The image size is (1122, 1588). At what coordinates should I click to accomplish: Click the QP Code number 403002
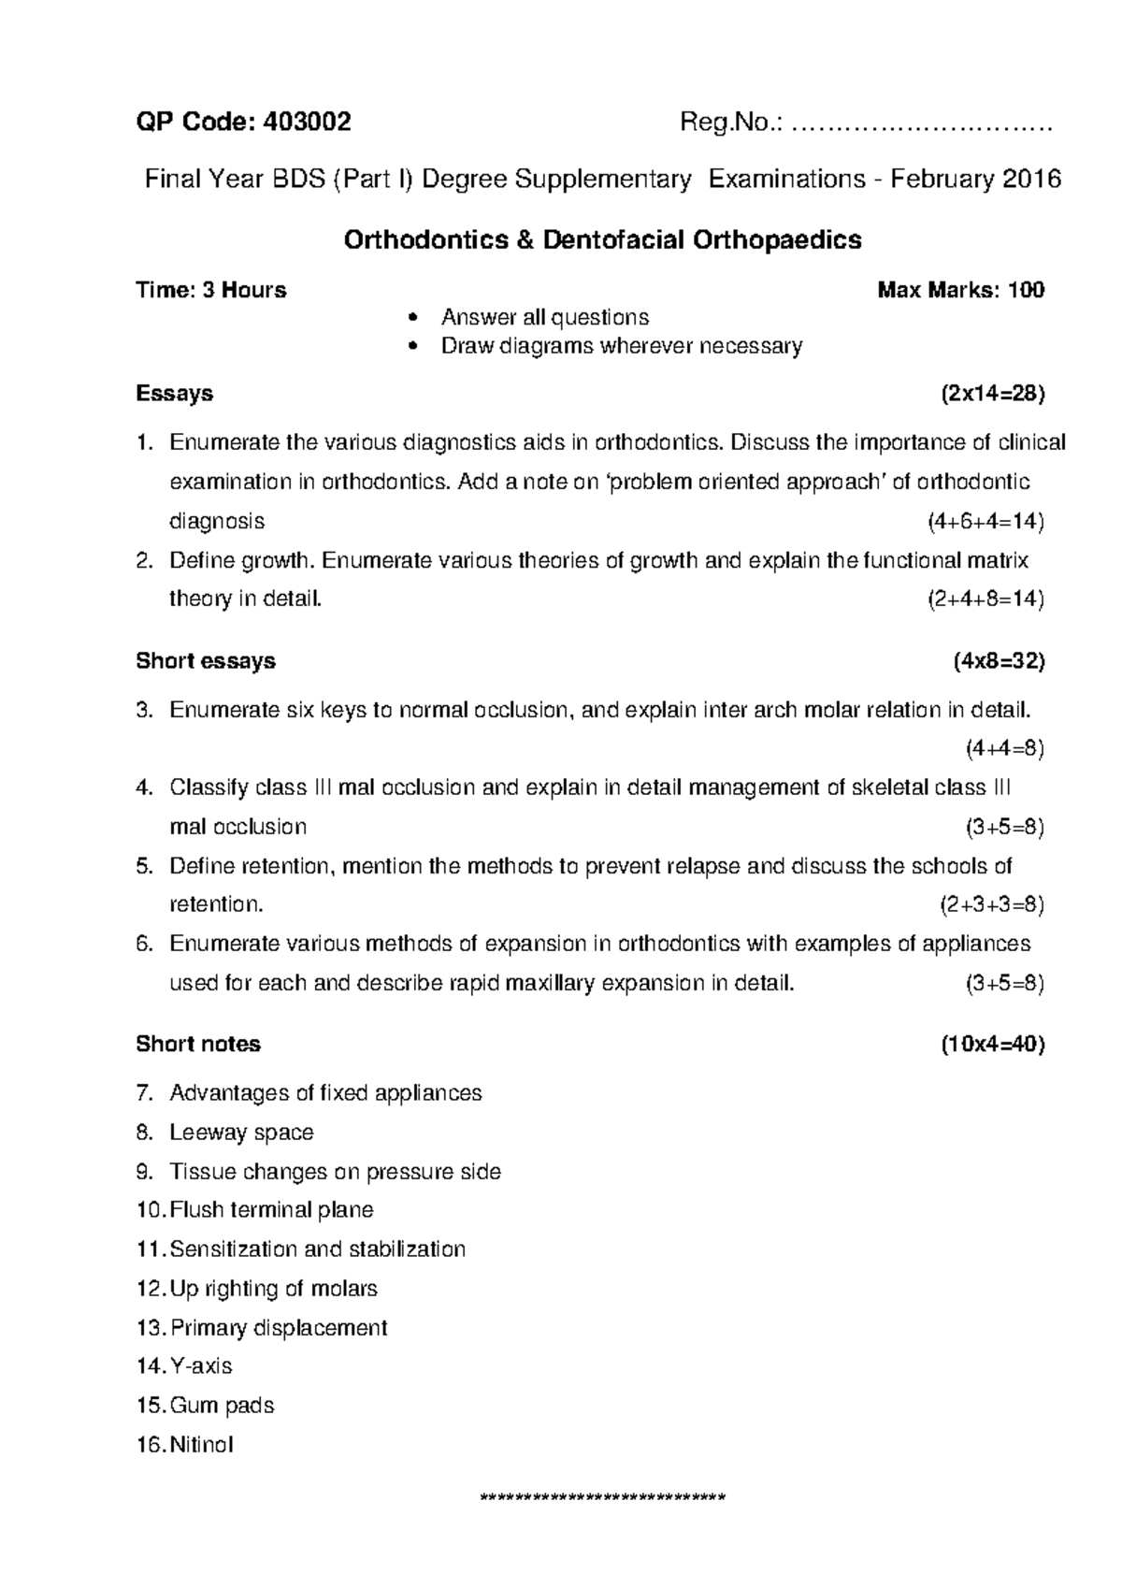click(308, 123)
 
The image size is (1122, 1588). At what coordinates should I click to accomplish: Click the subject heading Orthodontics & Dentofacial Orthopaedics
click(602, 240)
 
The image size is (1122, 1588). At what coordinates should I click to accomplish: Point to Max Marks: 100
click(960, 290)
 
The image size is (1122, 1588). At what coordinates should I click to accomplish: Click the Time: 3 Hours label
click(211, 290)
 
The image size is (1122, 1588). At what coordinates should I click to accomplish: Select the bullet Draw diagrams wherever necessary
click(622, 347)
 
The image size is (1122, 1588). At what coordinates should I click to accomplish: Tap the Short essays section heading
click(206, 661)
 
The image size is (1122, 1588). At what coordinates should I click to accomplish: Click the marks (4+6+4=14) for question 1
click(985, 521)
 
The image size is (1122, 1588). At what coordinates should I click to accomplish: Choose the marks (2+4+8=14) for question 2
click(985, 599)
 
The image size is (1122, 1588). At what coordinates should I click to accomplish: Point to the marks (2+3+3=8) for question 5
click(990, 905)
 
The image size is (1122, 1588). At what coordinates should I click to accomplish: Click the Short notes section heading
click(198, 1045)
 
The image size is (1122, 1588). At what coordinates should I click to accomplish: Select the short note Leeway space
click(241, 1133)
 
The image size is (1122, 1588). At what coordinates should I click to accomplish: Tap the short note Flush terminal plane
click(271, 1210)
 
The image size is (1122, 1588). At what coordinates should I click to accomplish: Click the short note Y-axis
click(201, 1366)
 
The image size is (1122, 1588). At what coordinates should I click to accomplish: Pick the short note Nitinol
click(202, 1445)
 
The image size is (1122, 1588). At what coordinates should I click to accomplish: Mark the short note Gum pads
click(222, 1406)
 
